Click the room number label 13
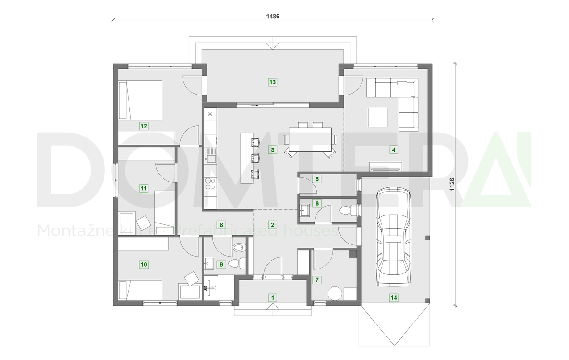pos(273,82)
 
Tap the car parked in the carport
pos(393,236)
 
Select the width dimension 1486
pos(273,16)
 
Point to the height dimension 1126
pos(452,185)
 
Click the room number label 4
pos(393,150)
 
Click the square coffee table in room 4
pos(378,117)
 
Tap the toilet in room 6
pos(347,210)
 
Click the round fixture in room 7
pos(334,293)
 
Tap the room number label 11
pos(144,188)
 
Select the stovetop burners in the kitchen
pos(210,183)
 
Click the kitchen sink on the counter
pos(210,158)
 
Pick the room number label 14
pos(393,298)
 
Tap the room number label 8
pos(220,224)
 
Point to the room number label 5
pos(317,179)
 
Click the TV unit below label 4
pos(386,167)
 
